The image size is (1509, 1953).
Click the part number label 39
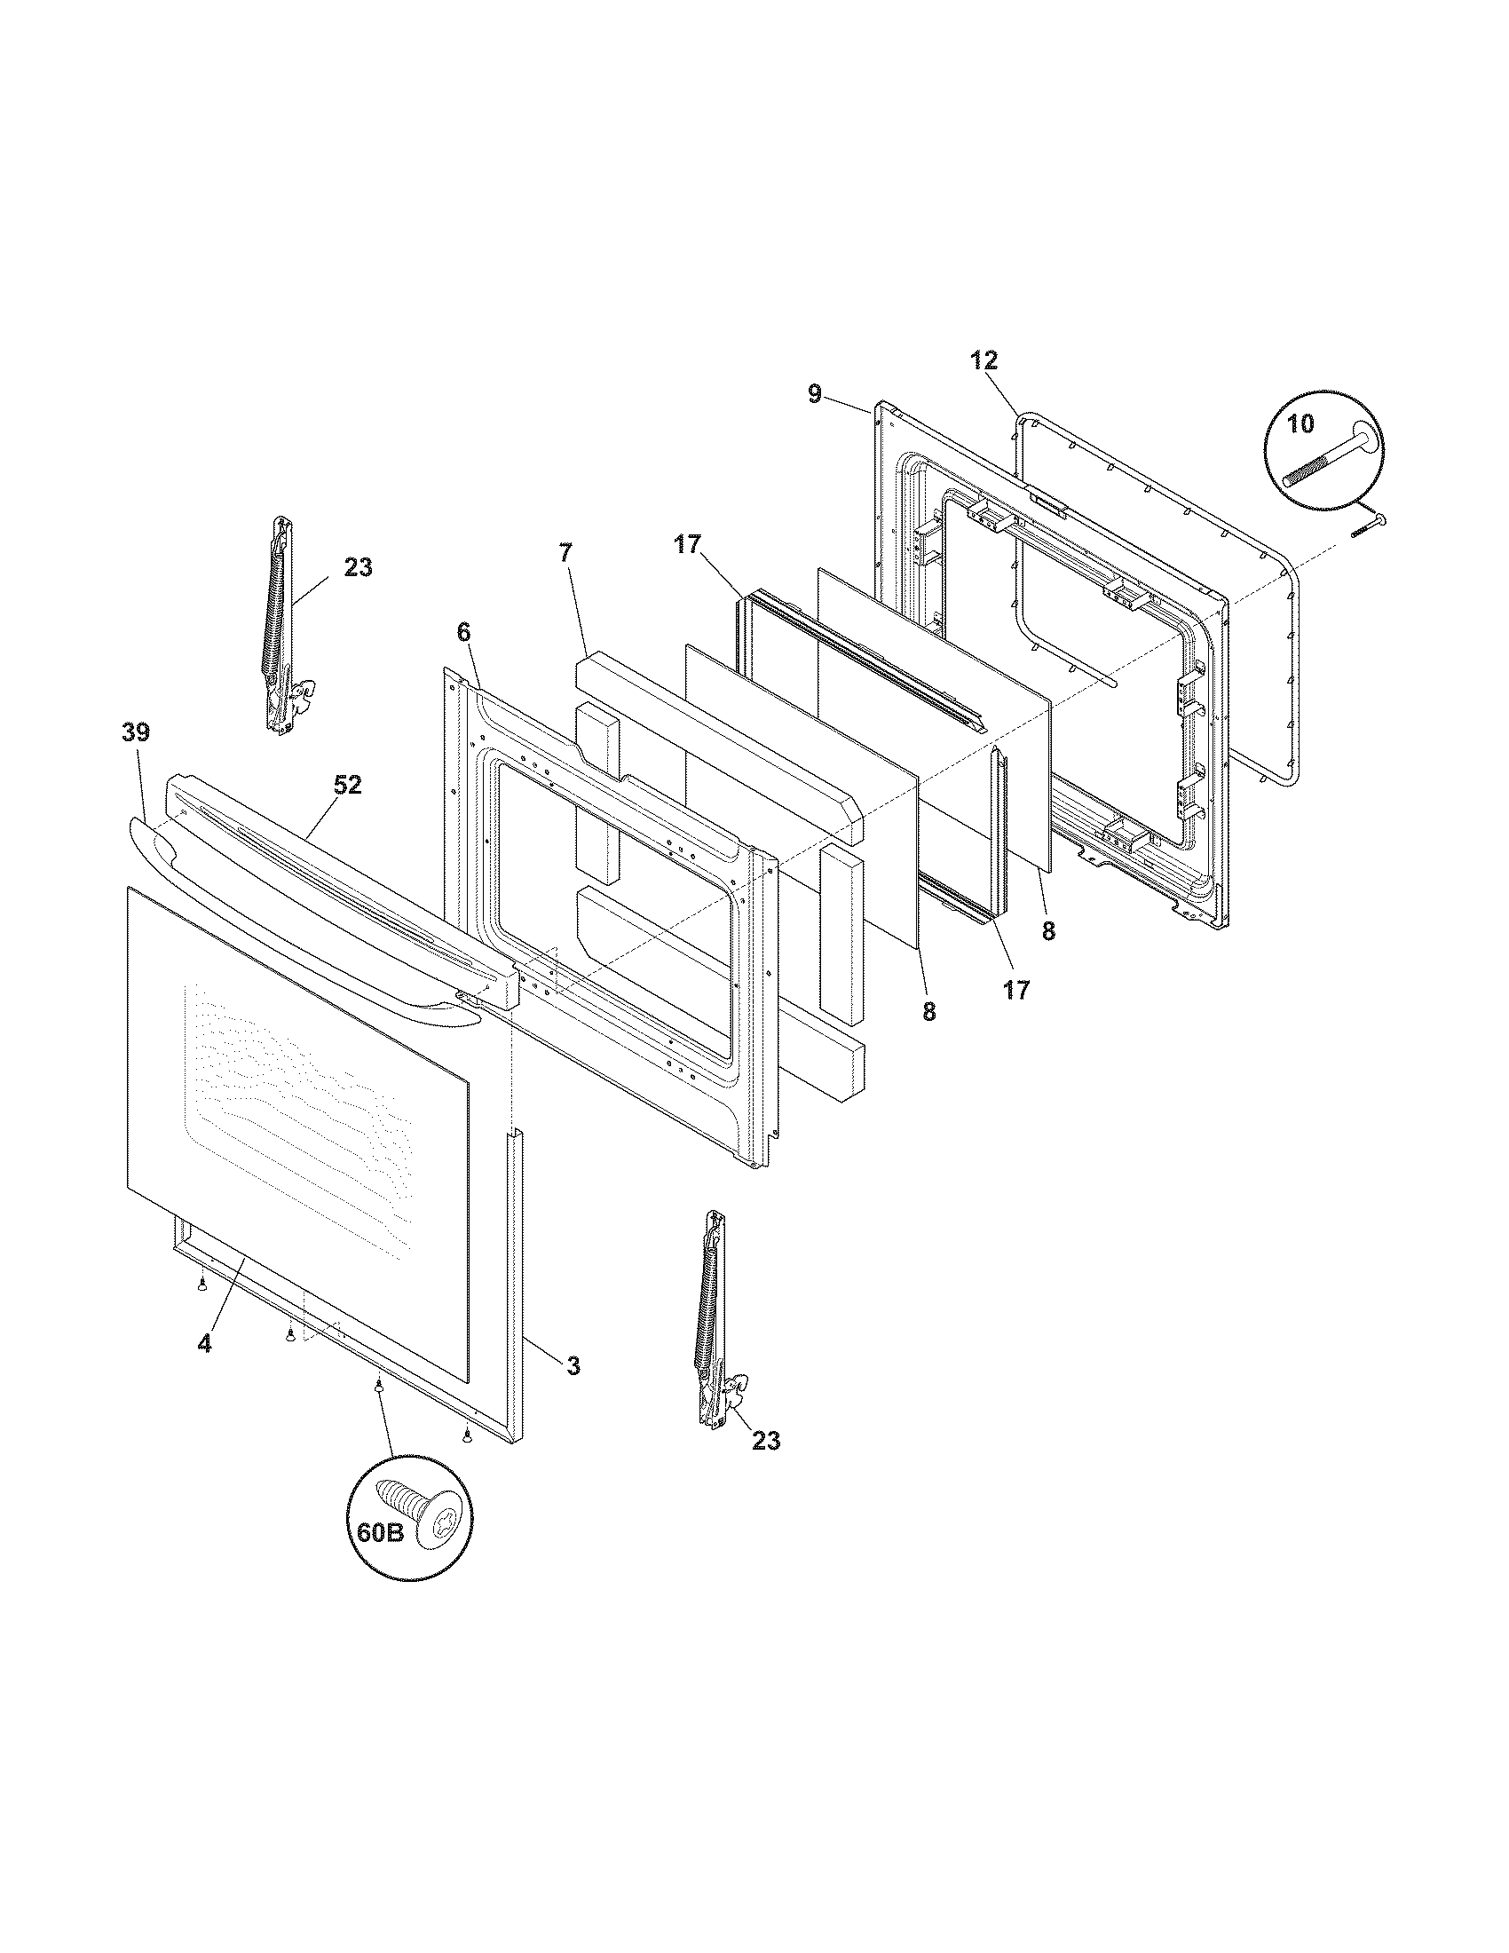(136, 732)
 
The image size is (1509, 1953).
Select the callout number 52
(348, 784)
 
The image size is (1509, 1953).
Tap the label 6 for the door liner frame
(462, 632)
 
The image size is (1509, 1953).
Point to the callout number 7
(564, 553)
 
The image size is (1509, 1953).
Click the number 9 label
(814, 394)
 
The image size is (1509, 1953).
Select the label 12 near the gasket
(984, 360)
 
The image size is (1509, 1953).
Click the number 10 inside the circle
(1301, 423)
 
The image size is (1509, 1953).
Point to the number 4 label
(205, 1343)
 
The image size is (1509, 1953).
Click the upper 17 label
(688, 544)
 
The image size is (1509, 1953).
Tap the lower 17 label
(1016, 990)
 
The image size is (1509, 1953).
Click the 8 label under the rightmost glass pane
(1047, 931)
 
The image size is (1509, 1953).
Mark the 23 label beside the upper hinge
(358, 567)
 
